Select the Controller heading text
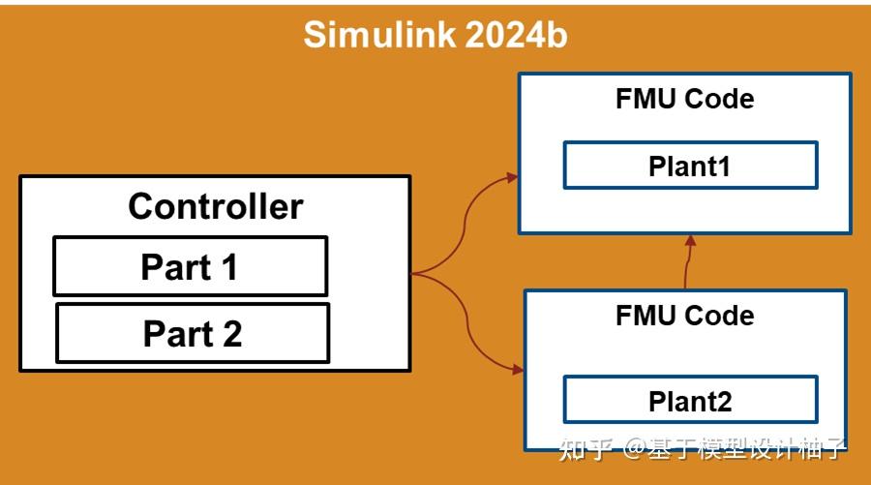point(215,206)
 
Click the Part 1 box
point(190,266)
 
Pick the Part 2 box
point(192,333)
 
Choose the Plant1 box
point(690,166)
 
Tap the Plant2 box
point(690,400)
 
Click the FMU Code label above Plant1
point(684,99)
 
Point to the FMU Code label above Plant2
point(684,316)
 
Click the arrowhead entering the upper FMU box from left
point(511,177)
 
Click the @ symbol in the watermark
point(635,448)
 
